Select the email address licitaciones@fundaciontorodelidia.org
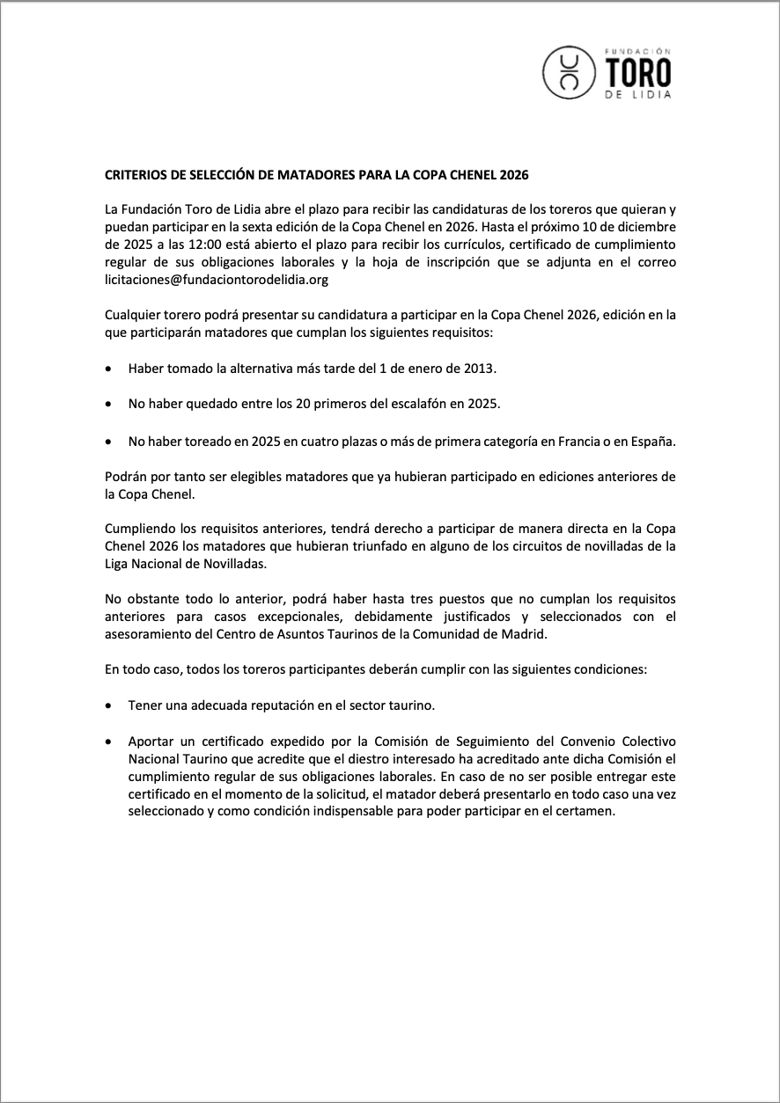[216, 280]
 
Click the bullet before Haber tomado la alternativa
[108, 369]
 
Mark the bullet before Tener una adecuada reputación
[108, 705]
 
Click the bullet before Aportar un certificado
[108, 741]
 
